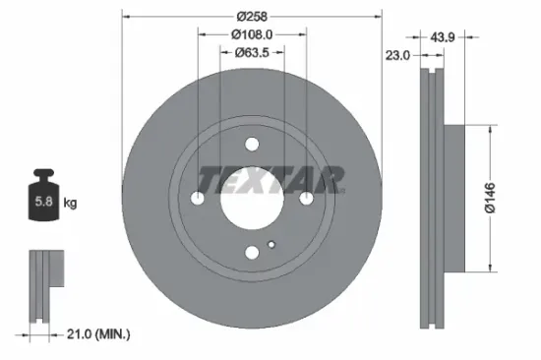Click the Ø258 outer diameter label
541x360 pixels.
tap(252, 16)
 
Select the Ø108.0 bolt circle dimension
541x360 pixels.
tap(252, 35)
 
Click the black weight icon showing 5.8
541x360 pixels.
tap(43, 201)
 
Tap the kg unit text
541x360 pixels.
tap(71, 203)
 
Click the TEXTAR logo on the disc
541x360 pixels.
tap(271, 179)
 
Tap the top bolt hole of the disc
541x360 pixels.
tap(252, 145)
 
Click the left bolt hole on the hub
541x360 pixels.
tap(198, 199)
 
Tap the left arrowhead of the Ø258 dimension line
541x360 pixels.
tap(125, 16)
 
